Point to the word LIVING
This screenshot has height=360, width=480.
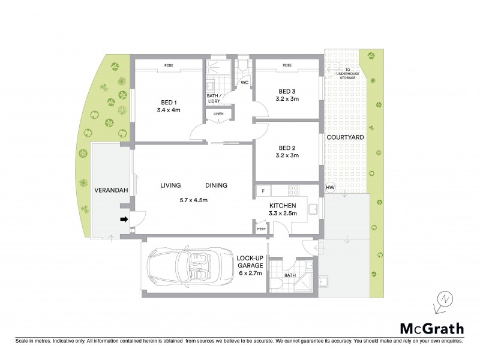point(170,185)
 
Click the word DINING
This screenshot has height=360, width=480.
point(215,185)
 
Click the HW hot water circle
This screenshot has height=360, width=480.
point(329,188)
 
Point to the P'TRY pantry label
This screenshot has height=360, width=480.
point(261,229)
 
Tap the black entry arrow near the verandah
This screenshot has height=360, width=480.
point(124,220)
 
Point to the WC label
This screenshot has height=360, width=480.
point(244,83)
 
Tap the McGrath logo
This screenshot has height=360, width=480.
point(431,328)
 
